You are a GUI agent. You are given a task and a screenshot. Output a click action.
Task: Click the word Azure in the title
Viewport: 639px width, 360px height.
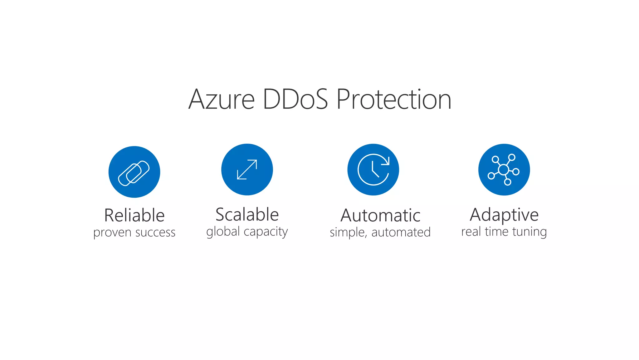[x=222, y=100]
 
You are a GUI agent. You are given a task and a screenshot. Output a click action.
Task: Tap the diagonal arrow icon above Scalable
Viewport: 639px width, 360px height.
[x=247, y=170]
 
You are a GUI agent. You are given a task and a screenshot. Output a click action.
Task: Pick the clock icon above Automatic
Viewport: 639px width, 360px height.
[x=373, y=170]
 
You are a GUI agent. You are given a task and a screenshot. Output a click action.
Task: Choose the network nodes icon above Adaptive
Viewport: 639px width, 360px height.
[x=504, y=170]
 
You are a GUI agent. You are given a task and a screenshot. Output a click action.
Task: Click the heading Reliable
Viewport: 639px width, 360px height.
[x=134, y=215]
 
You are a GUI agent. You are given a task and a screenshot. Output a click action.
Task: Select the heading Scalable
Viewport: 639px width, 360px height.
[x=247, y=215]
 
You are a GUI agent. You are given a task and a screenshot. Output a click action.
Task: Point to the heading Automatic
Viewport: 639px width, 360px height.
[x=380, y=215]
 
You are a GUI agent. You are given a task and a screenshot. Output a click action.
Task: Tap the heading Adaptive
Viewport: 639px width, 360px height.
[x=504, y=215]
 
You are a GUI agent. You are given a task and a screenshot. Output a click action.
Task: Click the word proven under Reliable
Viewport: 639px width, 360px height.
[x=112, y=233]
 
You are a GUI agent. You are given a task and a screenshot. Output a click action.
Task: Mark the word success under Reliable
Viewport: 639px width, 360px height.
[x=155, y=233]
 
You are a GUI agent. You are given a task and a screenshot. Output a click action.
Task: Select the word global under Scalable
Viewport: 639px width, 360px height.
[x=223, y=232]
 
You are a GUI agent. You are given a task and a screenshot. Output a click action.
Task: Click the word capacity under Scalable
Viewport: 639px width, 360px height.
[x=266, y=232]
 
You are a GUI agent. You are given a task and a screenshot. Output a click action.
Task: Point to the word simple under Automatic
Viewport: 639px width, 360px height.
[x=348, y=233]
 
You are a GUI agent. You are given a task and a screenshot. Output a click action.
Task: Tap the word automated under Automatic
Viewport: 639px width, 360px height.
[x=401, y=232]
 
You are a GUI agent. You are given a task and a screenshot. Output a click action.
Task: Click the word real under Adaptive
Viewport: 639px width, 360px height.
[x=471, y=232]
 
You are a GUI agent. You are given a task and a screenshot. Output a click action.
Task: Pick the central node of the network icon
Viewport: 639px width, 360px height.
[x=503, y=170]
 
